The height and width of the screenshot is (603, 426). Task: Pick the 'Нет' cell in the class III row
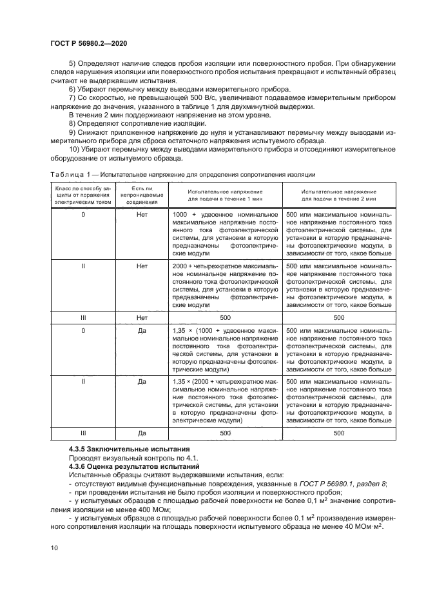pyautogui.click(x=142, y=318)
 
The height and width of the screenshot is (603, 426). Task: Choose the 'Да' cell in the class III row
pyautogui.click(x=142, y=434)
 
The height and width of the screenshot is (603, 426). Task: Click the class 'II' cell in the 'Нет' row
pyautogui.click(x=83, y=265)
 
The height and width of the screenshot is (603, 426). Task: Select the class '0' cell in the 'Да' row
pyautogui.click(x=83, y=331)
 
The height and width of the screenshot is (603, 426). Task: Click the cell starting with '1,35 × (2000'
pyautogui.click(x=225, y=400)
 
